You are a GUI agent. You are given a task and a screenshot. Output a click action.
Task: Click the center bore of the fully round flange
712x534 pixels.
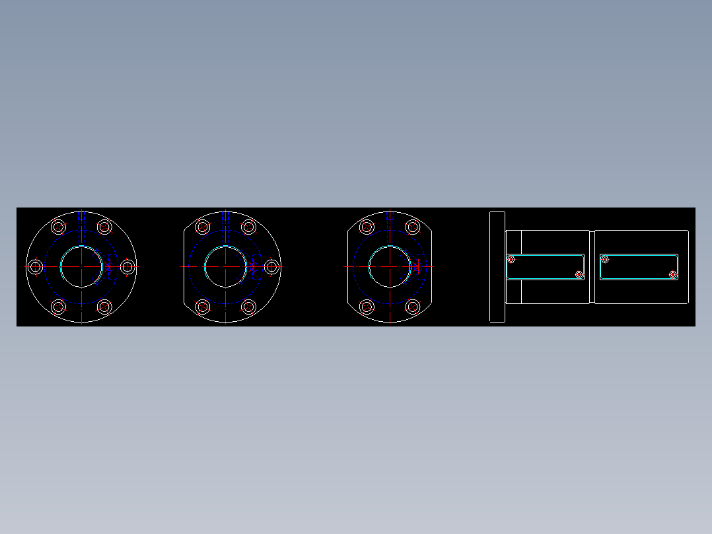pyautogui.click(x=81, y=266)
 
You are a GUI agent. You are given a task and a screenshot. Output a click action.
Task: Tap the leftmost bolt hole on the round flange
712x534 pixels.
pyautogui.click(x=36, y=266)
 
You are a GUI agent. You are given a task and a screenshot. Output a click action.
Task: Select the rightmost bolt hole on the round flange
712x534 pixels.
pyautogui.click(x=127, y=266)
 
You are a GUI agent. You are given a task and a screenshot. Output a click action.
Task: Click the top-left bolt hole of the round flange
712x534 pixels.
pyautogui.click(x=59, y=227)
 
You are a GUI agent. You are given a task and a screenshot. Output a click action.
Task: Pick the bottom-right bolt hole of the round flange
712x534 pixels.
pyautogui.click(x=104, y=307)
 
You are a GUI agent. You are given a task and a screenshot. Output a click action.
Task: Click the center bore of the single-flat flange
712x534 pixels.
pyautogui.click(x=226, y=266)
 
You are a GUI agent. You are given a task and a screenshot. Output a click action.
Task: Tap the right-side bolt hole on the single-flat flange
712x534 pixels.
pyautogui.click(x=271, y=266)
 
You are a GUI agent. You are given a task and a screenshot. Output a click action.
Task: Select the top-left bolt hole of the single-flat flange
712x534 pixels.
pyautogui.click(x=203, y=227)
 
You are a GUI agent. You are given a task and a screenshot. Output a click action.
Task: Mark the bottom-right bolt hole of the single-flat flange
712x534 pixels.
pyautogui.click(x=249, y=307)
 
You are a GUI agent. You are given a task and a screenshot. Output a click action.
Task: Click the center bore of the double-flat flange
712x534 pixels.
pyautogui.click(x=390, y=266)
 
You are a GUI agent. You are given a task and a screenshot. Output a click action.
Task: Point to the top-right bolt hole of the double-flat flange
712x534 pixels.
pyautogui.click(x=413, y=227)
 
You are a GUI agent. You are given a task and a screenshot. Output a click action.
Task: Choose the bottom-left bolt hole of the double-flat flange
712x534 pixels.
pyautogui.click(x=367, y=307)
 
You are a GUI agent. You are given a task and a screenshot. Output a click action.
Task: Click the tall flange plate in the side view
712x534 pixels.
pyautogui.click(x=497, y=266)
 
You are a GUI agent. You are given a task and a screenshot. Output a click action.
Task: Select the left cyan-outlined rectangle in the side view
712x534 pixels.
pyautogui.click(x=546, y=266)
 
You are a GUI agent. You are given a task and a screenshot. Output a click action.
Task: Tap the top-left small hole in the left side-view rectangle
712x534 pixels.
pyautogui.click(x=511, y=259)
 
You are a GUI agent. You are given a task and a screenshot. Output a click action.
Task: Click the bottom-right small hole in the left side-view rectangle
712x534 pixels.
pyautogui.click(x=579, y=274)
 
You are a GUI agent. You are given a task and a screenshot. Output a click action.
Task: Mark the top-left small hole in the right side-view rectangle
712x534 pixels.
pyautogui.click(x=605, y=259)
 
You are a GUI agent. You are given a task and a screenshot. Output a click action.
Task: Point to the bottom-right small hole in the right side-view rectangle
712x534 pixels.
pyautogui.click(x=673, y=274)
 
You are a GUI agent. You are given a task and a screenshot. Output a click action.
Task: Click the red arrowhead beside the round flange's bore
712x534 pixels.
pyautogui.click(x=110, y=266)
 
